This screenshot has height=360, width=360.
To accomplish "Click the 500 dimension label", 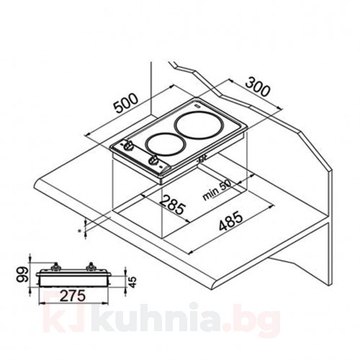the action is pyautogui.click(x=127, y=103).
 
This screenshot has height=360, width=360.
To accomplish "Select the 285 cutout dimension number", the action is pyautogui.click(x=173, y=204).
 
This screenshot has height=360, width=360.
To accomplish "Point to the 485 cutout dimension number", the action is pyautogui.click(x=230, y=221).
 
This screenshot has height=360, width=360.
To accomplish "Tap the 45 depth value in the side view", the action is pyautogui.click(x=132, y=282).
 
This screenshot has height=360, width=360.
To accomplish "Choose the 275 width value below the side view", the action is pyautogui.click(x=73, y=295).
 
